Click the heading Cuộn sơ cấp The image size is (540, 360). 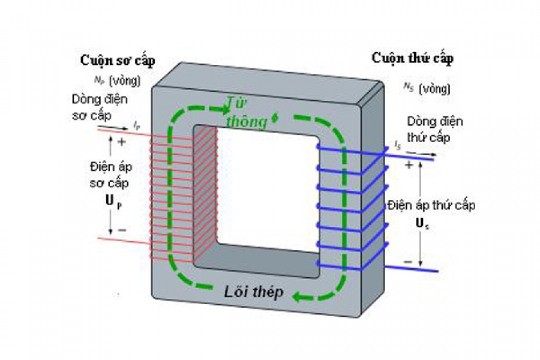click(117, 61)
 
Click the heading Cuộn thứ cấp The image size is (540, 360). click(412, 58)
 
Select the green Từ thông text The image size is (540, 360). click(246, 112)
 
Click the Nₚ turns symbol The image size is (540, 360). click(99, 79)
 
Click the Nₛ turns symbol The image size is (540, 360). click(409, 88)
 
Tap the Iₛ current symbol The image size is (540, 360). click(398, 145)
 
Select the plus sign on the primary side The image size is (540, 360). click(122, 142)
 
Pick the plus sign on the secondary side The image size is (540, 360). click(410, 165)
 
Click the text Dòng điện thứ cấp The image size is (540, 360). click(434, 128)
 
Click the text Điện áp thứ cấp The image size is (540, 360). click(431, 206)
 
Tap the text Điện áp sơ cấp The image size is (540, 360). click(109, 174)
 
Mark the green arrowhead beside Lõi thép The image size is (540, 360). click(298, 295)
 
